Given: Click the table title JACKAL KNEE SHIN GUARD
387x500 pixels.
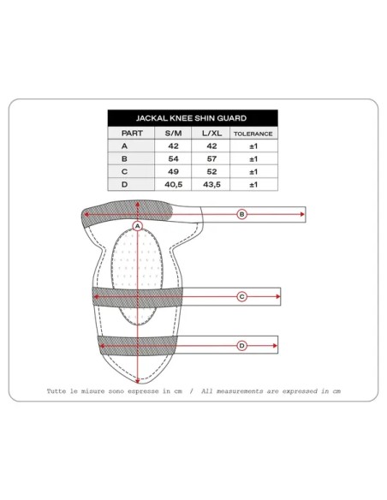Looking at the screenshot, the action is point(191,118).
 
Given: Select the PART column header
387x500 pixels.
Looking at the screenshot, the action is point(132,134).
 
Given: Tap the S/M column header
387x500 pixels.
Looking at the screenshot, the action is point(174,134).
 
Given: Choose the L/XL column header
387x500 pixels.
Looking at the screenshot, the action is point(211,134).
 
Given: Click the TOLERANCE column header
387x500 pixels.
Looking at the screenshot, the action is point(253,134).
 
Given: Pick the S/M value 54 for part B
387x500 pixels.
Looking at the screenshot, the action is point(174,158).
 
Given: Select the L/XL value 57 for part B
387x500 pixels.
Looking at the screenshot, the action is point(211,158).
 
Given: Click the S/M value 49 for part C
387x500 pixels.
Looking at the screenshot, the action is point(174,171).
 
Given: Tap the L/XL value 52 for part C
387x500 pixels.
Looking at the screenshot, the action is point(211,171).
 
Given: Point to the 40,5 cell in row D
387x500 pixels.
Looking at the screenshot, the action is point(174,184).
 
